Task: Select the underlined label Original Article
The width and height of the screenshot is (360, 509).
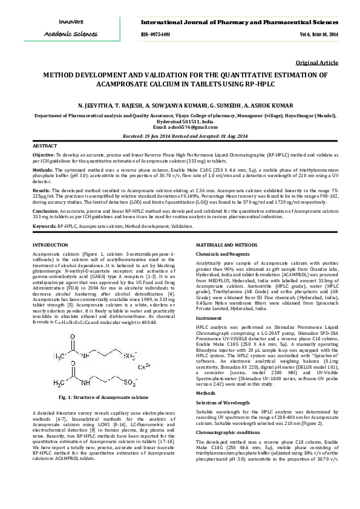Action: pos(316,63)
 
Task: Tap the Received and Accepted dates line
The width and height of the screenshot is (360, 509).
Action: pos(180,137)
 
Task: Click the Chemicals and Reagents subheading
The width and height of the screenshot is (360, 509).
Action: pos(222,254)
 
